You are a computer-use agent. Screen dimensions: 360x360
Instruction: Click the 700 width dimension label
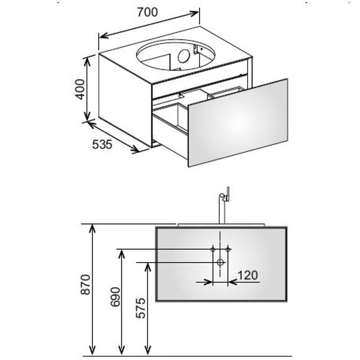click(148, 12)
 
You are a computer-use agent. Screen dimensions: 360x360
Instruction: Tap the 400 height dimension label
click(81, 89)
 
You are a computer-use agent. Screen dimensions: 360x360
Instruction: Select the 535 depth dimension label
click(102, 144)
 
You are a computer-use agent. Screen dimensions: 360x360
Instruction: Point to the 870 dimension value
click(85, 284)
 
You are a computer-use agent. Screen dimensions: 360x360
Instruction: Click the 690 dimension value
click(115, 297)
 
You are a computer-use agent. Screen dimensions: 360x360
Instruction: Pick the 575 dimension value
click(140, 308)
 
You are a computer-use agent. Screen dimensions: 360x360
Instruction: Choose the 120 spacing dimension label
click(248, 275)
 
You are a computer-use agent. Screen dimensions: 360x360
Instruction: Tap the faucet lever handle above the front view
click(228, 194)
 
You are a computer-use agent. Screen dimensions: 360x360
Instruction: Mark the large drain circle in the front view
click(220, 262)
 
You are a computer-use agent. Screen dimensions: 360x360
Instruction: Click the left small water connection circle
click(213, 249)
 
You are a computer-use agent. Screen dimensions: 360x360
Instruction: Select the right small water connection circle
click(228, 249)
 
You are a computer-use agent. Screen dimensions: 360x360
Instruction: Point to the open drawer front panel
click(238, 123)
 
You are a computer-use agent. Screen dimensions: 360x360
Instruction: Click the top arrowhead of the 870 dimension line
click(92, 229)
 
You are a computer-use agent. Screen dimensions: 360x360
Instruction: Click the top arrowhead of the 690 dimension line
click(121, 254)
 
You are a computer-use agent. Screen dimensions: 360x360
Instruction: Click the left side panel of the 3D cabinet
click(126, 100)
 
